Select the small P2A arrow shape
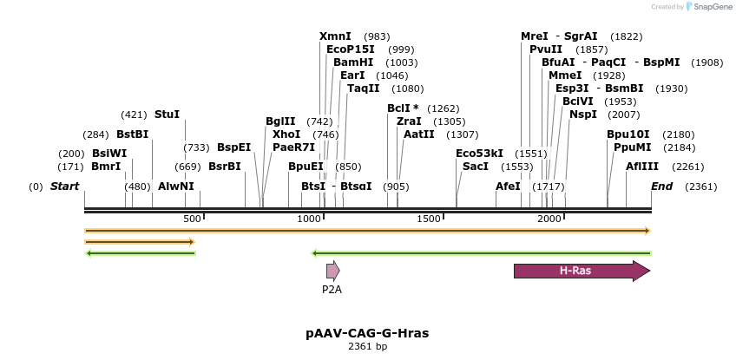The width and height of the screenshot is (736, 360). click(x=332, y=271)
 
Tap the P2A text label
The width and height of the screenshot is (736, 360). click(x=332, y=290)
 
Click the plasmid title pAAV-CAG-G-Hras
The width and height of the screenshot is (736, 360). click(x=367, y=333)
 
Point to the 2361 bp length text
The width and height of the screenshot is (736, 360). click(x=367, y=347)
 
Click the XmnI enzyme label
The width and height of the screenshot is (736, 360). click(x=335, y=36)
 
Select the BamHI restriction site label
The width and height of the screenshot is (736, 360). click(x=353, y=63)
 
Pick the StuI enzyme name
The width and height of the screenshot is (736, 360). click(x=167, y=114)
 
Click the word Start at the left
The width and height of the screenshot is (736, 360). click(x=64, y=187)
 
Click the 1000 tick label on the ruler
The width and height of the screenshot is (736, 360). click(x=309, y=219)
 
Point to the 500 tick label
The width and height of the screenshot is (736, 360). click(x=192, y=219)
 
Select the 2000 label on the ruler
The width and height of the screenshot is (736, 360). click(x=549, y=219)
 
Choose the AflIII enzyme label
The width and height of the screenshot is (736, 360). click(x=641, y=167)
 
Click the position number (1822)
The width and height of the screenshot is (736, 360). click(x=626, y=36)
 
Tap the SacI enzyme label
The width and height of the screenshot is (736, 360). click(x=475, y=167)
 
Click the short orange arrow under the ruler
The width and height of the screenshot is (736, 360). click(x=139, y=241)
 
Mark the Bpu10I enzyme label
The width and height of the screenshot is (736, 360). click(x=628, y=134)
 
